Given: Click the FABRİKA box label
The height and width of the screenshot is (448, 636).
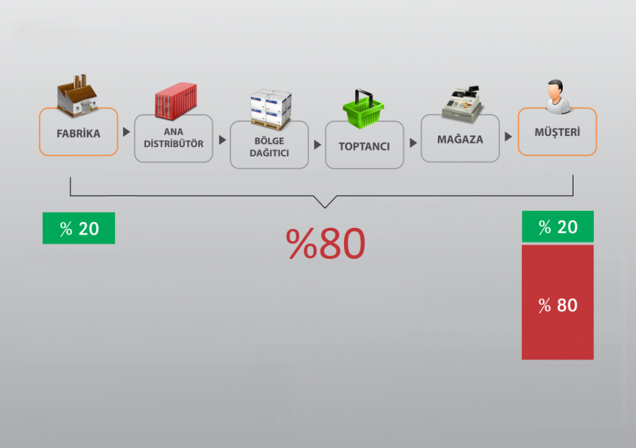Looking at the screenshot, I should click(78, 133).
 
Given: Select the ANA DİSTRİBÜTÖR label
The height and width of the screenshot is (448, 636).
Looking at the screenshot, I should click(173, 138).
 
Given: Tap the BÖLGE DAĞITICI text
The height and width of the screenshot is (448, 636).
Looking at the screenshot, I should click(269, 147).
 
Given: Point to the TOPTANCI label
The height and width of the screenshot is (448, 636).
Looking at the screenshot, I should click(364, 147).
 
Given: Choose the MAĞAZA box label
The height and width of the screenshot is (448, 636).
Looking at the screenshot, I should click(460, 139).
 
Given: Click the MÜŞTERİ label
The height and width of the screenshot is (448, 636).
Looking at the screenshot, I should click(557, 132).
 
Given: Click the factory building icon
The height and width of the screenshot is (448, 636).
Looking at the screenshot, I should click(77, 96).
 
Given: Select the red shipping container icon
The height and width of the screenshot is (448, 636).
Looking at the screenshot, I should click(175, 101).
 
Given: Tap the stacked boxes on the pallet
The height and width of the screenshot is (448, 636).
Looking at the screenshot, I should click(271, 107).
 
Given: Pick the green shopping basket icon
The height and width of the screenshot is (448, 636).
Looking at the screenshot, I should click(363, 110).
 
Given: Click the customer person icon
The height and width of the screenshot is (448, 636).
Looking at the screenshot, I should click(557, 96).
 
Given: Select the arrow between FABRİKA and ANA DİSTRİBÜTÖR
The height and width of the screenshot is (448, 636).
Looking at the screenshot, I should click(126, 132).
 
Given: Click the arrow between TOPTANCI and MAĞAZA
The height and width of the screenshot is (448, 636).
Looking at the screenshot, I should click(412, 142).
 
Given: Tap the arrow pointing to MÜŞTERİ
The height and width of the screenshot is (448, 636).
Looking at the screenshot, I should click(508, 137).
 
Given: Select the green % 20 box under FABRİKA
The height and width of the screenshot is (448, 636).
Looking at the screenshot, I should click(79, 228).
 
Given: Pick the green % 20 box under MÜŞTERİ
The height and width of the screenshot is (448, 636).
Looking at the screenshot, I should click(558, 227).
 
